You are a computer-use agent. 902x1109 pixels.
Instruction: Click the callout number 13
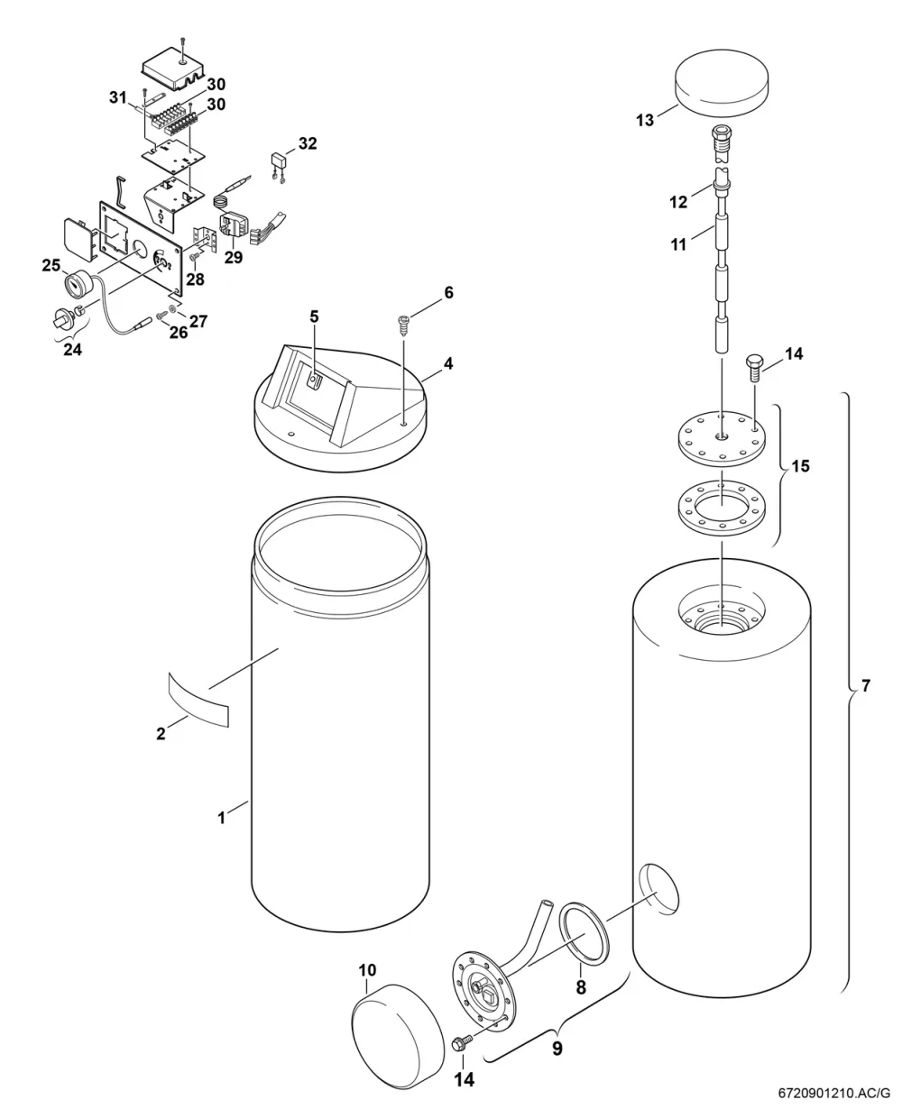pos(645,120)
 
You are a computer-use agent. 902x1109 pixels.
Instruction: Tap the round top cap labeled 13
pos(722,83)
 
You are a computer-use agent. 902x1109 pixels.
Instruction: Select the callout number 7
pos(866,686)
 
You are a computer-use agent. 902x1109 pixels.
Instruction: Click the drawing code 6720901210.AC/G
pos(834,1093)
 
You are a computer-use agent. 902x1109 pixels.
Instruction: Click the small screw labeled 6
pos(403,325)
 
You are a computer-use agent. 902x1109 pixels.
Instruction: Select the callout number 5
pos(314,316)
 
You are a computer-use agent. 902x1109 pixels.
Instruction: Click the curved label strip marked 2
pos(198,700)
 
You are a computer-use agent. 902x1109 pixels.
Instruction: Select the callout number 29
pos(234,257)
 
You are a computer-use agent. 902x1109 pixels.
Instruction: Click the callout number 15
pos(800,466)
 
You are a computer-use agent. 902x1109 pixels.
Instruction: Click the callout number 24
pos(72,349)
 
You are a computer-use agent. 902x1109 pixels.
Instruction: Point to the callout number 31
pos(118,96)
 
